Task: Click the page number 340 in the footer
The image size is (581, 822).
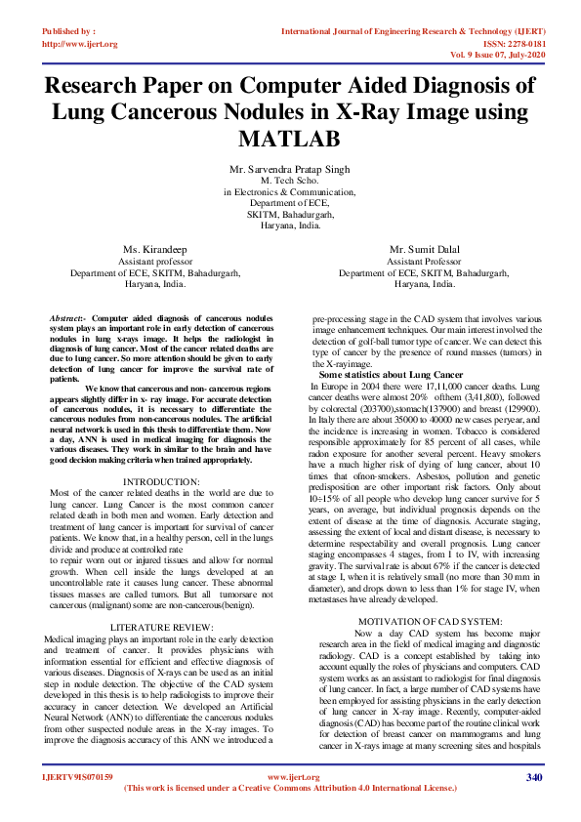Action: pyautogui.click(x=533, y=777)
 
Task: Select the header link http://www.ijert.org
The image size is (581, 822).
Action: pyautogui.click(x=80, y=44)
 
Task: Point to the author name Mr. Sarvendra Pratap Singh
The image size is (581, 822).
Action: pyautogui.click(x=290, y=169)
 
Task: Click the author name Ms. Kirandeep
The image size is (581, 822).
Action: pyautogui.click(x=156, y=251)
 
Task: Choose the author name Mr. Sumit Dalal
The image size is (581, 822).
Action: pyautogui.click(x=424, y=251)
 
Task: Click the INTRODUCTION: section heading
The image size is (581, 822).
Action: pyautogui.click(x=162, y=481)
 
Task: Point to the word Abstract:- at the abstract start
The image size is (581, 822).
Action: pyautogui.click(x=67, y=319)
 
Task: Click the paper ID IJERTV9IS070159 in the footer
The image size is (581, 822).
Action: pyautogui.click(x=78, y=777)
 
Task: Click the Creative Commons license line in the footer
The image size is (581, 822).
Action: pyautogui.click(x=291, y=788)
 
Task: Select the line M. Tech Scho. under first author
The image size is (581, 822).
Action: pyautogui.click(x=290, y=181)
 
